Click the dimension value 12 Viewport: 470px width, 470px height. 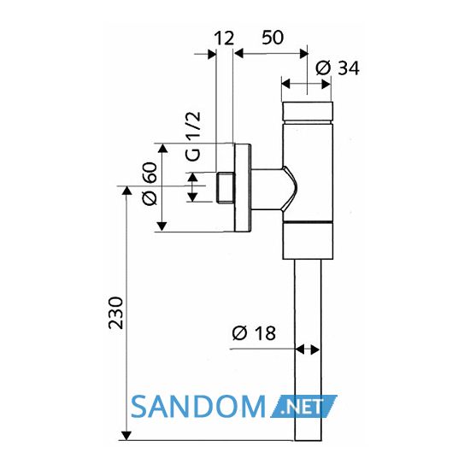click(224, 38)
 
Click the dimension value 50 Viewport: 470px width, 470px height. click(273, 38)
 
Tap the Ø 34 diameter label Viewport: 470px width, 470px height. click(338, 68)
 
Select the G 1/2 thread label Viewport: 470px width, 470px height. click(193, 137)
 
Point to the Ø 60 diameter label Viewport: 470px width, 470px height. click(150, 184)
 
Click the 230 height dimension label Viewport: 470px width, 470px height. click(115, 313)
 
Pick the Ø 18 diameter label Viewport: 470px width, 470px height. click(254, 333)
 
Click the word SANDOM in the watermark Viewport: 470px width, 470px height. click(198, 407)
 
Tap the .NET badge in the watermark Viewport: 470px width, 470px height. click(303, 407)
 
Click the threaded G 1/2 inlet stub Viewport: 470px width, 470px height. click(225, 188)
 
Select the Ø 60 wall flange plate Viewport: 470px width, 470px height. click(243, 188)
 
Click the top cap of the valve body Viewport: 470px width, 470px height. click(308, 112)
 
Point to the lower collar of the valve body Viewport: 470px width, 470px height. click(308, 241)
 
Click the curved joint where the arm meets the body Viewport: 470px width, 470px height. click(290, 188)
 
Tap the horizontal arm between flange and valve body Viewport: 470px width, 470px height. click(267, 188)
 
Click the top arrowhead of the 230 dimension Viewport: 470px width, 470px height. click(126, 190)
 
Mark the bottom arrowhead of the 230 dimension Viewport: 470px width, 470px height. click(126, 436)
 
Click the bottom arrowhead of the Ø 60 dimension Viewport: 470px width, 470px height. click(162, 226)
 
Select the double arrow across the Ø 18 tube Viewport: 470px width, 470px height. click(308, 350)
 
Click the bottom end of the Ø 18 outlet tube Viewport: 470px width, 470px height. click(308, 440)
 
